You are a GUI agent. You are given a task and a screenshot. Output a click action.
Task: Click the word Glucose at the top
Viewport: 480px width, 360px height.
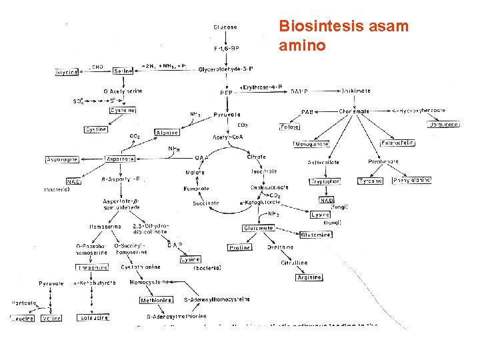tap(225, 27)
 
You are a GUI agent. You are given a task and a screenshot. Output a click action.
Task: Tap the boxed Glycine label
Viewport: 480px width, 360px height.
tap(67, 71)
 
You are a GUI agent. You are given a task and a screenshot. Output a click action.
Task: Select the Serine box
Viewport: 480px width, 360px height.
tap(123, 71)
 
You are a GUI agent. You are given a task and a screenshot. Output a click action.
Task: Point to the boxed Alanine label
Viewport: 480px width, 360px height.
tap(167, 133)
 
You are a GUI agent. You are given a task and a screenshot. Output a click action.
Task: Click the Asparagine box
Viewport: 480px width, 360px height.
tap(62, 159)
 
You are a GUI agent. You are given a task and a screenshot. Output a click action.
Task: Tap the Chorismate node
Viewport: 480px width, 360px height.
tap(354, 111)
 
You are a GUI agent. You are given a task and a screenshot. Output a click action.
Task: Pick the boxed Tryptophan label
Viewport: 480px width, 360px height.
tap(325, 181)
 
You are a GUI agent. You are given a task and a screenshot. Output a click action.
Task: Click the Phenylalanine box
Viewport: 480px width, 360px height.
tap(411, 180)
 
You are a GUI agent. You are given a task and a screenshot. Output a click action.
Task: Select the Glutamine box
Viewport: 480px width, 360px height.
tap(316, 235)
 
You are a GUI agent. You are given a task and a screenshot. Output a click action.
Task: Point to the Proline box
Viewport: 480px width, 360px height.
tap(239, 247)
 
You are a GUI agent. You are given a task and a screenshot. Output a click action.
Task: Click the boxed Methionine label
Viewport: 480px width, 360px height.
tap(156, 300)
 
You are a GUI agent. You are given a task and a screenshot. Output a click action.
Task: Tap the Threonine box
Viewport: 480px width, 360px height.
tap(93, 267)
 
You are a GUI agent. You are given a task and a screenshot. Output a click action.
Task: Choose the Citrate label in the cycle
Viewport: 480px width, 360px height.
tap(256, 157)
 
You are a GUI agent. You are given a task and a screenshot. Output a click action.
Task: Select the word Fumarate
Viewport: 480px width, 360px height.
tap(196, 189)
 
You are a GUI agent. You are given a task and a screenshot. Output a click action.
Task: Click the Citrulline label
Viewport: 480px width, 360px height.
tap(293, 263)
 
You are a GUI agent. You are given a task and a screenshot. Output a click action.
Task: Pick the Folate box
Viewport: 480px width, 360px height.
tap(290, 127)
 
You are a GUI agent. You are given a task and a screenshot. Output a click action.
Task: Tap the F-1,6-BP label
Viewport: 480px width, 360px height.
tap(227, 49)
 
